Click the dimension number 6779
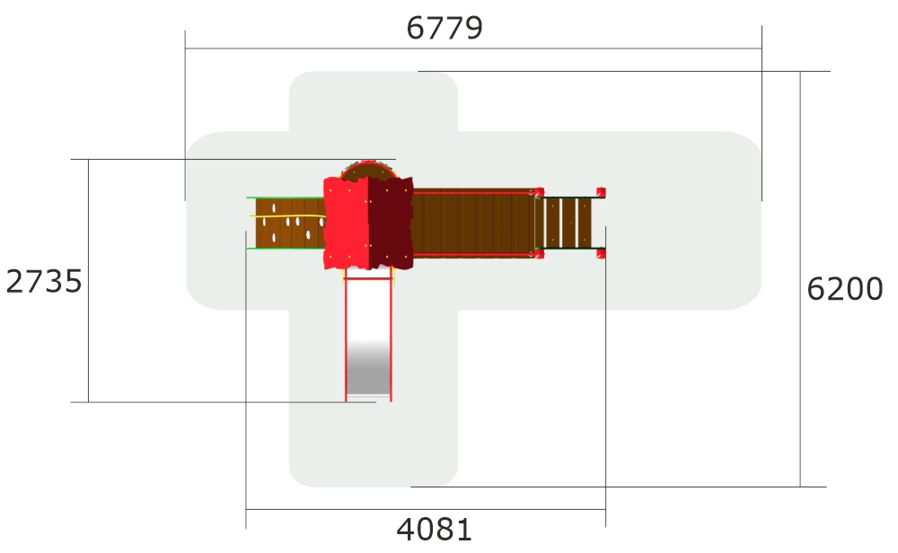[x=445, y=28]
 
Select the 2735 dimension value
[x=44, y=282]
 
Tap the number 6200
[x=845, y=288]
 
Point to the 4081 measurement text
[x=434, y=530]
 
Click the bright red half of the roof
[x=346, y=223]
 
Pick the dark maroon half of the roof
[x=390, y=223]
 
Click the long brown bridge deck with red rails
[x=473, y=224]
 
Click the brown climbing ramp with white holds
[x=290, y=224]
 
